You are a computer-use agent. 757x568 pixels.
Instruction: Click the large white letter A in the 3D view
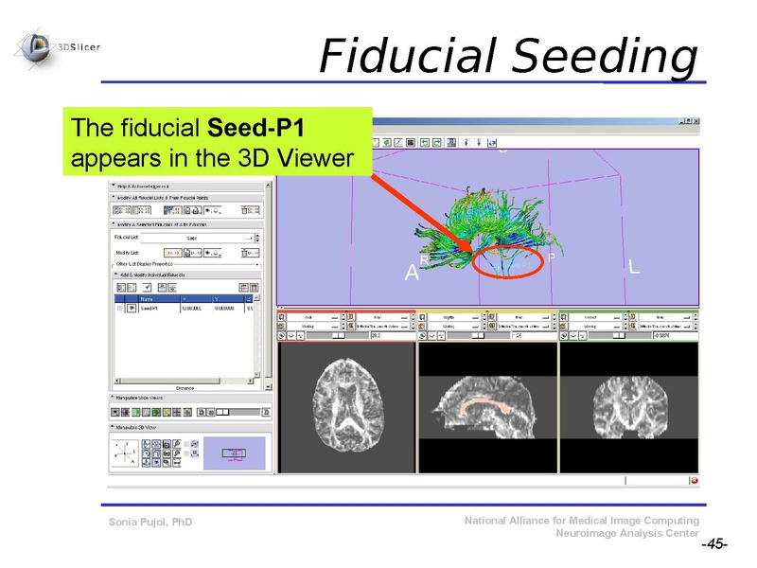click(x=411, y=274)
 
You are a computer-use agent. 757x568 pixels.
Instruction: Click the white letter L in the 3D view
click(x=633, y=268)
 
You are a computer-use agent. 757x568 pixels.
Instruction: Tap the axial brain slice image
click(x=347, y=406)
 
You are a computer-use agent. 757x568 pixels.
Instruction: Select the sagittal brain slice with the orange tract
click(x=487, y=407)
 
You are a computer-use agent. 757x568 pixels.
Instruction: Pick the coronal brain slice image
click(x=628, y=407)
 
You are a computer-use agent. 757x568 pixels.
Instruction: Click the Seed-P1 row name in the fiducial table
click(x=151, y=308)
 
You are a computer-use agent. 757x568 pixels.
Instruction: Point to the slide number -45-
click(x=713, y=545)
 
